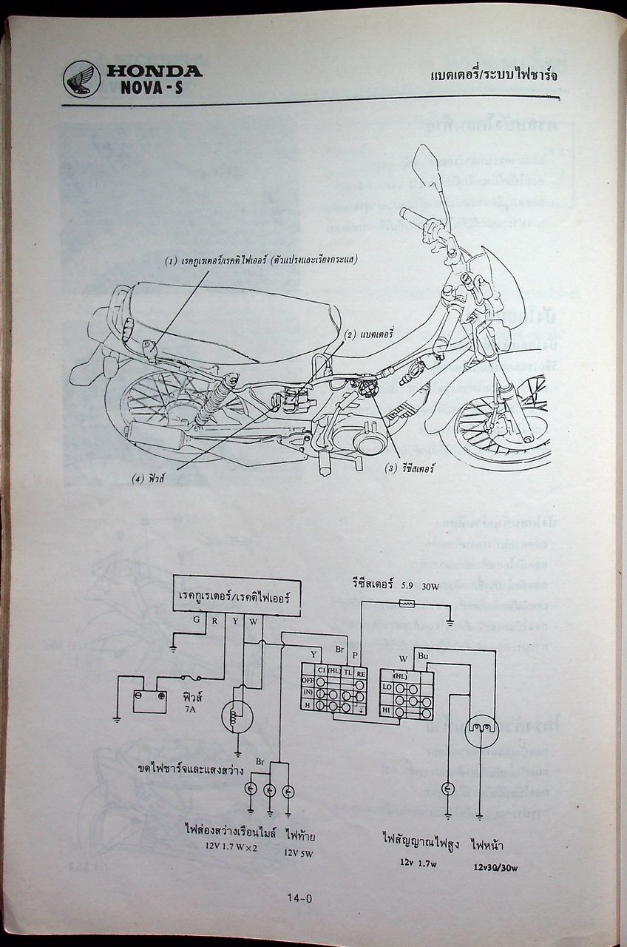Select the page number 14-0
click(x=301, y=899)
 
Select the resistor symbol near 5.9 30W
click(x=406, y=604)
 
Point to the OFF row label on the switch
click(x=308, y=679)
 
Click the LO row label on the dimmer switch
click(x=387, y=687)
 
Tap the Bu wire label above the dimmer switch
click(x=422, y=656)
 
